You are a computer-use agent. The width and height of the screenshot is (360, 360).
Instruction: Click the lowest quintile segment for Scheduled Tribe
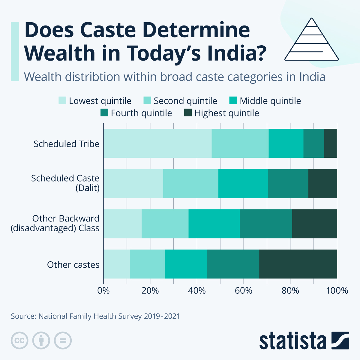[x=157, y=143]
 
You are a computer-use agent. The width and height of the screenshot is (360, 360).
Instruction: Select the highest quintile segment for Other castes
[x=298, y=264]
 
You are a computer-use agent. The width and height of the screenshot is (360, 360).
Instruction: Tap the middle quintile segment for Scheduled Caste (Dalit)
[x=243, y=184]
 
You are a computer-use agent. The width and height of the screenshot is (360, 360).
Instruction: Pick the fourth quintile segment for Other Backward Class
[x=266, y=224]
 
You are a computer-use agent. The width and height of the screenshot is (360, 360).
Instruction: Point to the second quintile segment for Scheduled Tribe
[x=240, y=143]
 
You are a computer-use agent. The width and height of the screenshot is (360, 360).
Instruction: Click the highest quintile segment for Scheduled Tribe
[x=331, y=143]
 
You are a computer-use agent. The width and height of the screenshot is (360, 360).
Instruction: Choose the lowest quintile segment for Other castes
[x=117, y=264]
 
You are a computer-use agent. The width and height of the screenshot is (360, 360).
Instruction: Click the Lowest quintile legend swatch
[x=62, y=100]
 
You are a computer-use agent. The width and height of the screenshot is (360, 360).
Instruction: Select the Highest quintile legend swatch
[x=188, y=113]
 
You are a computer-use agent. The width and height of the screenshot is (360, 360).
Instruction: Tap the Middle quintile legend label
[x=270, y=101]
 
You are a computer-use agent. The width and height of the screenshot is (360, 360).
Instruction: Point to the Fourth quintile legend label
[x=141, y=113]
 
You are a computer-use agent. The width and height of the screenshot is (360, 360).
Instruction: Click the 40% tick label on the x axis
[x=197, y=291]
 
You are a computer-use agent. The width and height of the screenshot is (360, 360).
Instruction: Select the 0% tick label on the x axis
[x=103, y=291]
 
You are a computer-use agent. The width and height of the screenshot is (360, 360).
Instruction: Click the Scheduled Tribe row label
[x=66, y=144]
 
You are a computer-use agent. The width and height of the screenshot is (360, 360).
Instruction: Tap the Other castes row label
[x=73, y=265]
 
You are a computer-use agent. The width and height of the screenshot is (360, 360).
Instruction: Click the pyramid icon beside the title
[x=311, y=39]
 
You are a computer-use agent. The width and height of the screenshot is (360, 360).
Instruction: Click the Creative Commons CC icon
[x=19, y=341]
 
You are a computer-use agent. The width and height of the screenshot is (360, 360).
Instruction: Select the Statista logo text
[x=292, y=341]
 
